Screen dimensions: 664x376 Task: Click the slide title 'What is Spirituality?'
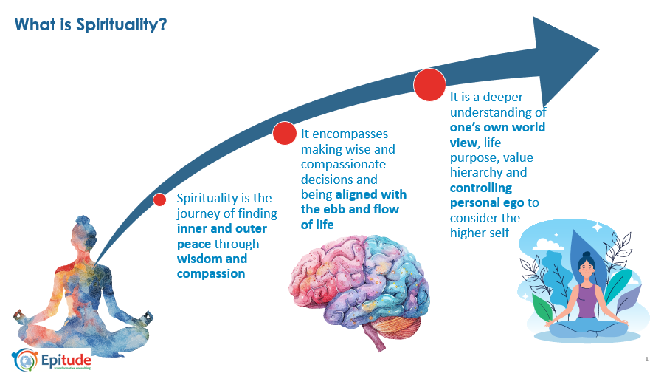[91, 24]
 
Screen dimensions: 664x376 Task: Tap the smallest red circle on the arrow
[159, 199]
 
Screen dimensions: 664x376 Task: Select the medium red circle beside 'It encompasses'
[285, 133]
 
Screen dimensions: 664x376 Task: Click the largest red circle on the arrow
[429, 85]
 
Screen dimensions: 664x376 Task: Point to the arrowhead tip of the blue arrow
[599, 49]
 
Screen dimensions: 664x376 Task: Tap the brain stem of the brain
[377, 339]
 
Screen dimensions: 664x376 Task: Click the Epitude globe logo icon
[25, 360]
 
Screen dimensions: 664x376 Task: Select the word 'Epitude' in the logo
[66, 360]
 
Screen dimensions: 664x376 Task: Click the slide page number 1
[646, 359]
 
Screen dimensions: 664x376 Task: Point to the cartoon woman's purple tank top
[587, 301]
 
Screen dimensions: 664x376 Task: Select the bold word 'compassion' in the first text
[211, 274]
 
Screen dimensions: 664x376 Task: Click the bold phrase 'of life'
[317, 225]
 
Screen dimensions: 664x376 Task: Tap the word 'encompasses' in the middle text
[350, 134]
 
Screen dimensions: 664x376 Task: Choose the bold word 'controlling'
[480, 188]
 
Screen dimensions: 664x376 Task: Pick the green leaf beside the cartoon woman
[542, 307]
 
